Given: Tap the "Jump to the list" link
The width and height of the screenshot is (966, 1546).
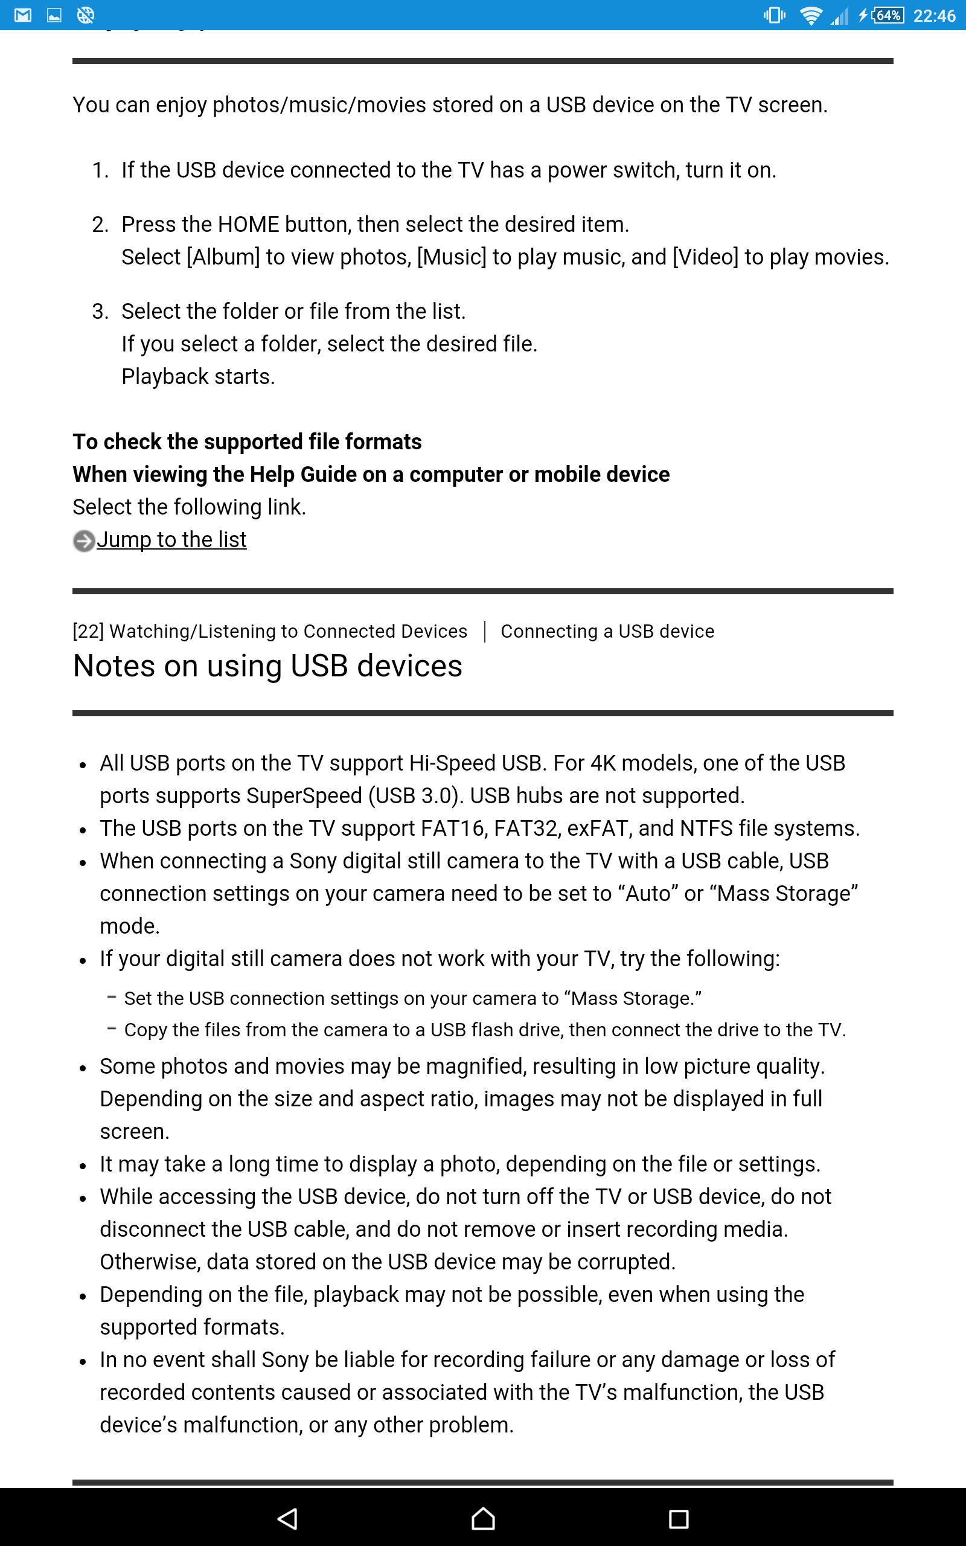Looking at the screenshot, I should (171, 540).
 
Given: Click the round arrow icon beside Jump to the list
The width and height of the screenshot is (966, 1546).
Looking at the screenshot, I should (84, 541).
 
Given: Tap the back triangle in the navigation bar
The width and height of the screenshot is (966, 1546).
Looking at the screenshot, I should (287, 1519).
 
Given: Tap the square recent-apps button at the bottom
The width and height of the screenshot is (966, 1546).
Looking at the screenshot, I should (678, 1519).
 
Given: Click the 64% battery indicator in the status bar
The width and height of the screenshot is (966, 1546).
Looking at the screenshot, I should (888, 15).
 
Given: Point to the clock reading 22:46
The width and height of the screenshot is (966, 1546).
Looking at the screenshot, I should (933, 15).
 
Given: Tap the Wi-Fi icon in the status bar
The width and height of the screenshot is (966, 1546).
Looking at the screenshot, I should (811, 15).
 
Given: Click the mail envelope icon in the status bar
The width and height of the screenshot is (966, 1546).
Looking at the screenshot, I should (23, 14).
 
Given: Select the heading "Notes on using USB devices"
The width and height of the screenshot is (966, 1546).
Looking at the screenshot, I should (267, 666).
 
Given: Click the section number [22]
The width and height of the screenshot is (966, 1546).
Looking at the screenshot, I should (88, 631).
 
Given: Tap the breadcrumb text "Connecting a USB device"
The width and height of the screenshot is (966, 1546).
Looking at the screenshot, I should (607, 631).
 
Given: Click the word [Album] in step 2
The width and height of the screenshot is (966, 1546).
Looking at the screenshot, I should (223, 257).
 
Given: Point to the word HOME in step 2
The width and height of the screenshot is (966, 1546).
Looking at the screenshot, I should (249, 224).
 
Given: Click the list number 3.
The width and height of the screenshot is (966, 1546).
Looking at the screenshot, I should (99, 311).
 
